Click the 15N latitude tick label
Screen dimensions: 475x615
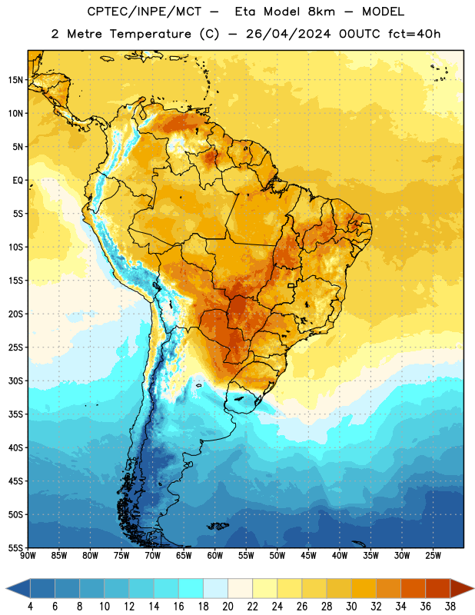point(15,80)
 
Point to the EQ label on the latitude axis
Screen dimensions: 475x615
point(18,181)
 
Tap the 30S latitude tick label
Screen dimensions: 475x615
point(15,381)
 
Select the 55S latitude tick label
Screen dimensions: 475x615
point(15,547)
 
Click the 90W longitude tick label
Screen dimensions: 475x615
point(28,556)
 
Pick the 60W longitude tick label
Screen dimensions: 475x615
point(215,556)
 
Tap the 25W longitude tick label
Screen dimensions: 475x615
point(433,556)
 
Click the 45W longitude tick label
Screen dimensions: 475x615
point(308,556)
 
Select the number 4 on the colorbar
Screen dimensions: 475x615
point(30,607)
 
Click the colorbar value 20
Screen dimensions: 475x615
point(228,607)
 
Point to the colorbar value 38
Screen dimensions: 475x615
point(450,607)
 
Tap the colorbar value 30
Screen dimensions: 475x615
point(351,607)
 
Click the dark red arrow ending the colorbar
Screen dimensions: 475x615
point(461,588)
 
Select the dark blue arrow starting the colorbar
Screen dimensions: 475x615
point(18,588)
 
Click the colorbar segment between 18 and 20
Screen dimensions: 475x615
point(215,588)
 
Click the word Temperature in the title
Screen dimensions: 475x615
point(150,34)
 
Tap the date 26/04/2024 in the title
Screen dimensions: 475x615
point(288,34)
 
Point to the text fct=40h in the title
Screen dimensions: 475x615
point(414,34)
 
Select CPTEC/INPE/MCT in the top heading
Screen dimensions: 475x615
point(144,12)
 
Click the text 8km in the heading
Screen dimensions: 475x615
point(321,12)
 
